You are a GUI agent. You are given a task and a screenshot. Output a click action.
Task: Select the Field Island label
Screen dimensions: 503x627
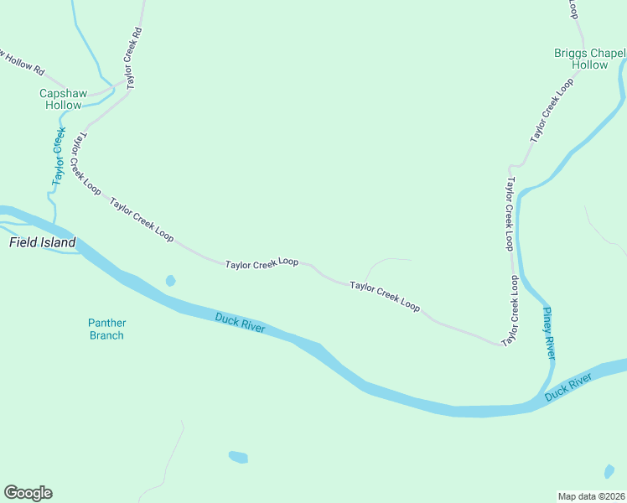coord(42,243)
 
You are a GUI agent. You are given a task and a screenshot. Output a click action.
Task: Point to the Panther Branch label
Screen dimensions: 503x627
coord(106,329)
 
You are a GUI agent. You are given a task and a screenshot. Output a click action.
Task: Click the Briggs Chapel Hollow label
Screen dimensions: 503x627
coord(589,59)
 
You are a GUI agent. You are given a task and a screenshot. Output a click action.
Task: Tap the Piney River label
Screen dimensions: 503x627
coord(549,333)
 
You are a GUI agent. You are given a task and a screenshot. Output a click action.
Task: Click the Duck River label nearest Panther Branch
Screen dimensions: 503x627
coord(240,323)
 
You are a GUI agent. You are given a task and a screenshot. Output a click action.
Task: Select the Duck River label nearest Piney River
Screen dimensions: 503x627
coord(567,387)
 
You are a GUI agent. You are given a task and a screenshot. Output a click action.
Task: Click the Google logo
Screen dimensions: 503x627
coord(28,493)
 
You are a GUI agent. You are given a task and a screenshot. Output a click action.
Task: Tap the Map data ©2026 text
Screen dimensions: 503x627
coord(591,496)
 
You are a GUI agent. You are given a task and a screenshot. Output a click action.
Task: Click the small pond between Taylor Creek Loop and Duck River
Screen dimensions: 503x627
coord(171,281)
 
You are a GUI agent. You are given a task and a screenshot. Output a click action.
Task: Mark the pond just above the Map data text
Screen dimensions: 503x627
coord(609,472)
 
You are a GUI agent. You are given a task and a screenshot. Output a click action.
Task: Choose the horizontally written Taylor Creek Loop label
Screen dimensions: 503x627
coord(262,263)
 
